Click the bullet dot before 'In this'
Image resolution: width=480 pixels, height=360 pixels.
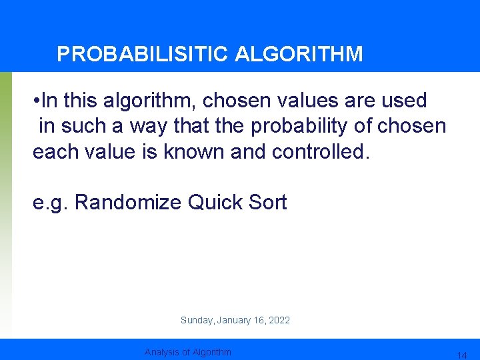(x=36, y=101)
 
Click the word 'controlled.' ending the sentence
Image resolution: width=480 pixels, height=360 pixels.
(x=320, y=151)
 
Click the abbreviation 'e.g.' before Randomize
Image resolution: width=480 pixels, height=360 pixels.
(x=51, y=202)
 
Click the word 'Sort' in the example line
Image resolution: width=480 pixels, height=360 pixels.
(x=269, y=202)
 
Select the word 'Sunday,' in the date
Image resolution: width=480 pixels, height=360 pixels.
(x=197, y=321)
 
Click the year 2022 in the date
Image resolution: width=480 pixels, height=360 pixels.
(x=279, y=321)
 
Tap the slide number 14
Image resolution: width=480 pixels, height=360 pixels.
(x=461, y=355)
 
